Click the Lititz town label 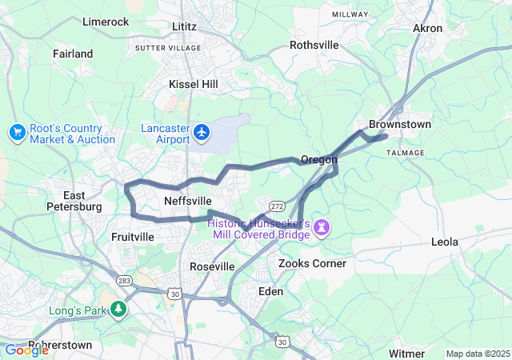point(184,26)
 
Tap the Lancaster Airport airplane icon point(203,130)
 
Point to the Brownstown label point(399,125)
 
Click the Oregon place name point(318,160)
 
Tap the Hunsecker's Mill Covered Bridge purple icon point(321,229)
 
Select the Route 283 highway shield point(124,281)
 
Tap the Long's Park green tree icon point(118,307)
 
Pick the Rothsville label point(314,45)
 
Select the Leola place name point(445,242)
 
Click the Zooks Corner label point(312,263)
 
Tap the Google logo point(26,350)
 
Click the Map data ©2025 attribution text point(476,354)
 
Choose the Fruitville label point(133,237)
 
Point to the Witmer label point(406,353)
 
